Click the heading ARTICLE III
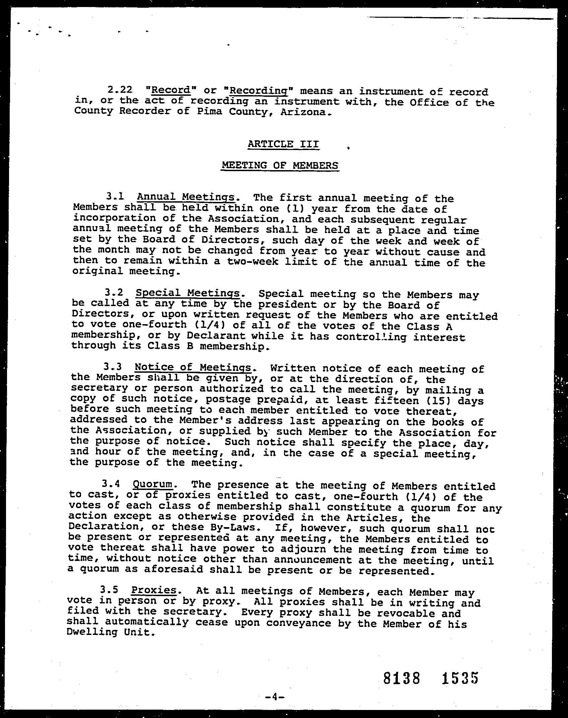pos(283,144)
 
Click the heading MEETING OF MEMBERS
pos(280,165)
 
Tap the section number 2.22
pos(120,90)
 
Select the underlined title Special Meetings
pos(188,293)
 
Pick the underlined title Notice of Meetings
pos(193,367)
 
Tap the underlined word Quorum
pos(153,484)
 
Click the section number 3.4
pos(110,484)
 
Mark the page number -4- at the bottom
pos(274,697)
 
